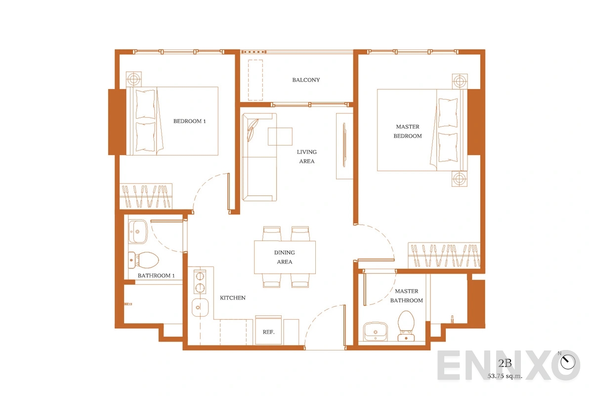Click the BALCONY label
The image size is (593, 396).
pyautogui.click(x=306, y=80)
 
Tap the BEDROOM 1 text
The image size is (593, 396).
pyautogui.click(x=189, y=121)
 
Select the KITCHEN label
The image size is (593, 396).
pyautogui.click(x=232, y=298)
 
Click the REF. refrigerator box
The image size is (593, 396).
pyautogui.click(x=268, y=330)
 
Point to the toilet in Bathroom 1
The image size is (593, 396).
pyautogui.click(x=143, y=260)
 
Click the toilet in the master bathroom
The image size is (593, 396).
pyautogui.click(x=406, y=326)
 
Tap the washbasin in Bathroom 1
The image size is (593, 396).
pyautogui.click(x=138, y=232)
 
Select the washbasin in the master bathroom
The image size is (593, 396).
pyautogui.click(x=375, y=331)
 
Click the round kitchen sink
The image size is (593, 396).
pyautogui.click(x=200, y=307)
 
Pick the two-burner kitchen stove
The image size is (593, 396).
pyautogui.click(x=200, y=282)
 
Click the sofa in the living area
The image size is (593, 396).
pyautogui.click(x=259, y=157)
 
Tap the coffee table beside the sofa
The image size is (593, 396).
pyautogui.click(x=280, y=136)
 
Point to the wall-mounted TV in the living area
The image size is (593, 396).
pyautogui.click(x=344, y=145)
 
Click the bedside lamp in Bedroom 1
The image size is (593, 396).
pyautogui.click(x=134, y=79)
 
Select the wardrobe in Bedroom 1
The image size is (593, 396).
pyautogui.click(x=146, y=196)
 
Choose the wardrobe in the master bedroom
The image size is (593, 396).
pyautogui.click(x=444, y=255)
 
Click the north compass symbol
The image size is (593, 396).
pyautogui.click(x=567, y=361)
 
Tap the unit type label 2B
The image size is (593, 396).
pyautogui.click(x=505, y=363)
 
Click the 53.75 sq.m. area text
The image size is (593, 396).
pyautogui.click(x=505, y=376)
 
